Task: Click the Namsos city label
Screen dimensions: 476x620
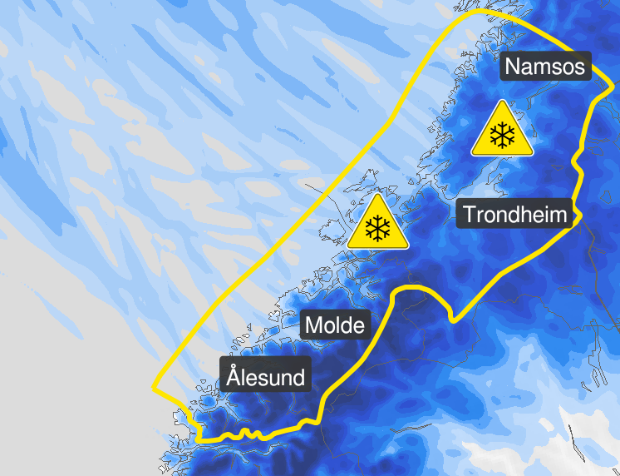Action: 545,66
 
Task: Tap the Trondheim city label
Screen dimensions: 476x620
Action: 515,214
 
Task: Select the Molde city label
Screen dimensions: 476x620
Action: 335,325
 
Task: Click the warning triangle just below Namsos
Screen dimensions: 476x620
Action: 502,131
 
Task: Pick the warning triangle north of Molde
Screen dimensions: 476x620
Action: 378,225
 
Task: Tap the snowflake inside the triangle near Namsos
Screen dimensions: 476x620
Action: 502,136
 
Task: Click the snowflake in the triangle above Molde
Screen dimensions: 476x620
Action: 378,229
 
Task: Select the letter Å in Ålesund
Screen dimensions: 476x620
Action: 234,376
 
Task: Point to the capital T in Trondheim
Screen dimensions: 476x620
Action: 470,214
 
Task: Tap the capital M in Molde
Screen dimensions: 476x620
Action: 315,325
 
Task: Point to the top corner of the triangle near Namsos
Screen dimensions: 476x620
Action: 502,102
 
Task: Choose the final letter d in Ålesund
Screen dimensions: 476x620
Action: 298,376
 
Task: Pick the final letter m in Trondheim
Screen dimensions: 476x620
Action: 558,215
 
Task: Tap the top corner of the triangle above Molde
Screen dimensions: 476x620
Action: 378,196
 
